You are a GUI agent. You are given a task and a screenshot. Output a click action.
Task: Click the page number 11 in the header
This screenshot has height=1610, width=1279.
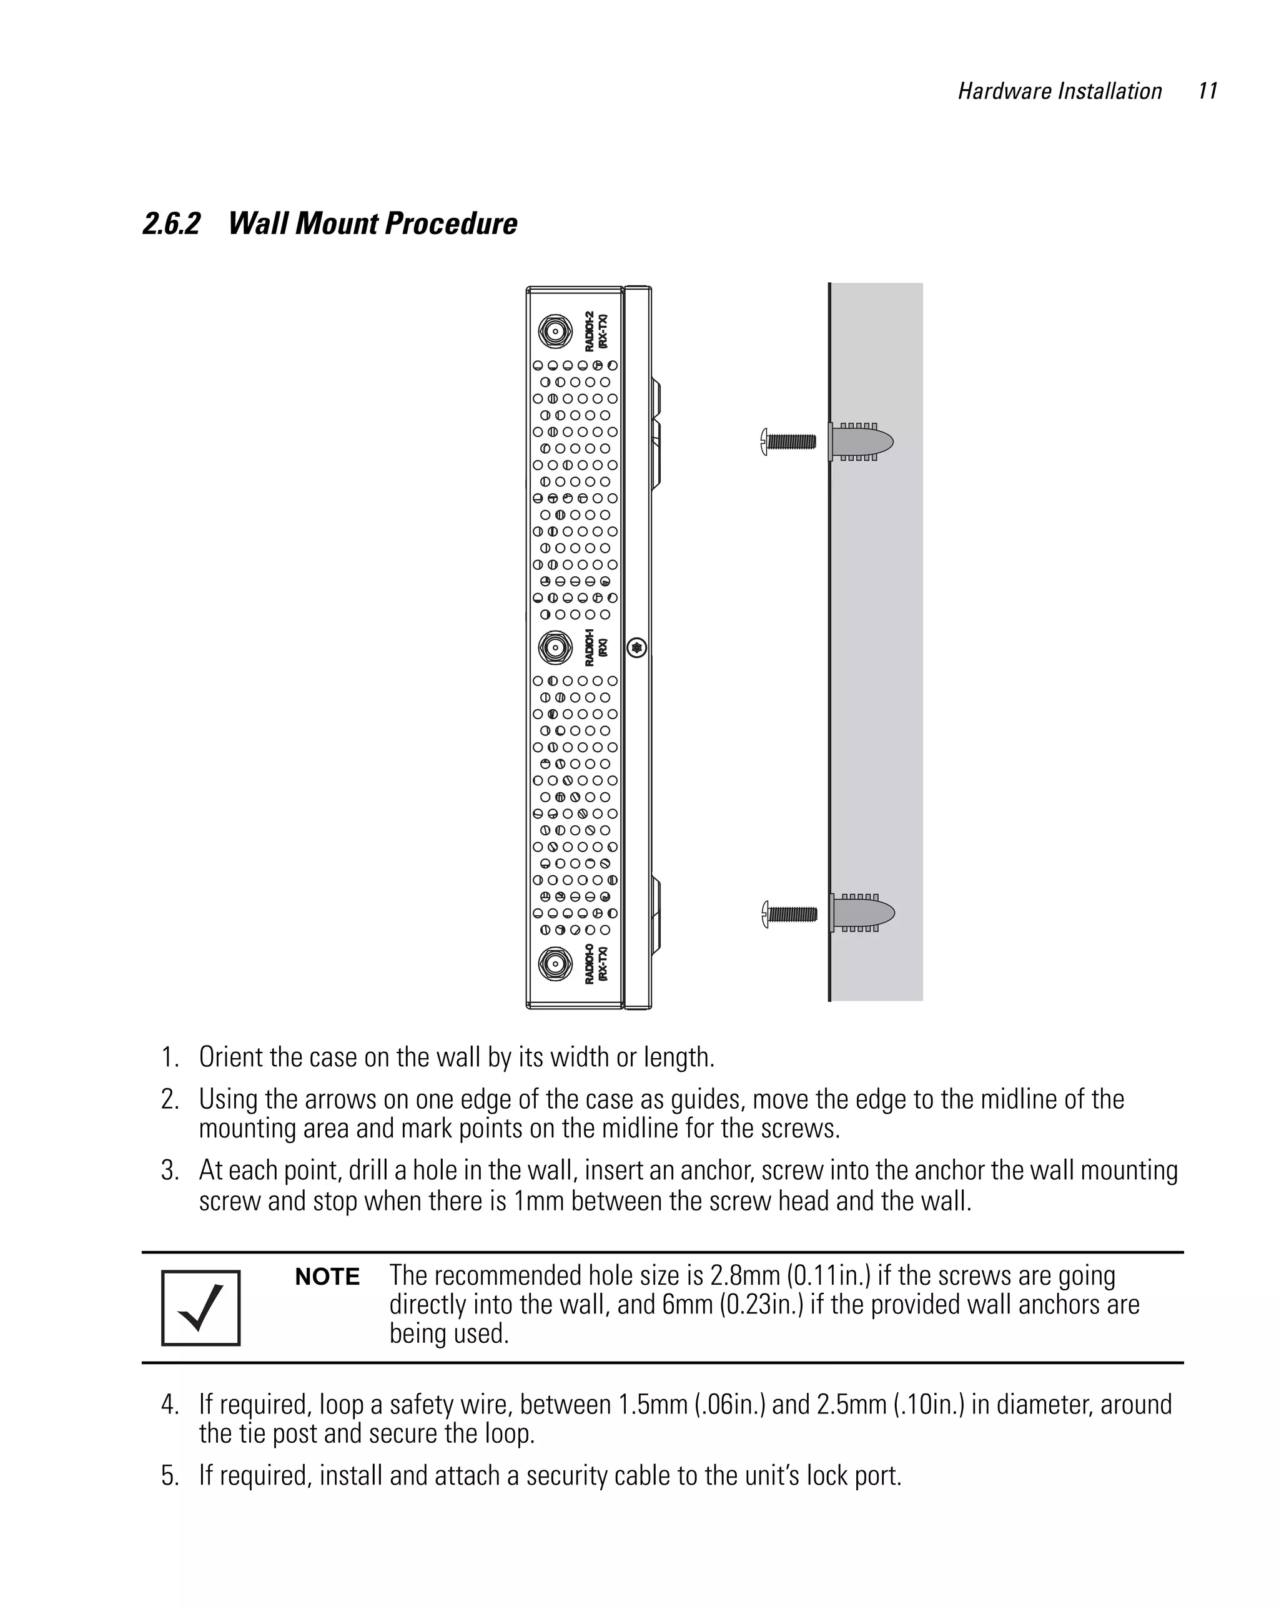tap(1207, 91)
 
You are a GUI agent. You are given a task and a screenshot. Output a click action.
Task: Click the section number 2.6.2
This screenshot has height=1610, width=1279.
tap(171, 224)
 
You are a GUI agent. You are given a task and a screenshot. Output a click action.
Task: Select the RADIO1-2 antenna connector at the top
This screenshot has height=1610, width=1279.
tap(555, 331)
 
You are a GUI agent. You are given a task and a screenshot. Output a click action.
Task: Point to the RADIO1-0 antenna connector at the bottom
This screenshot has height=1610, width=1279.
tap(555, 964)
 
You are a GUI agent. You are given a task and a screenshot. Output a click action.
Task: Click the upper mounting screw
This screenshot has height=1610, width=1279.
tap(788, 441)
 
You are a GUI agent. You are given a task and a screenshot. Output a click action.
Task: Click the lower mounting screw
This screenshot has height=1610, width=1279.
tap(789, 914)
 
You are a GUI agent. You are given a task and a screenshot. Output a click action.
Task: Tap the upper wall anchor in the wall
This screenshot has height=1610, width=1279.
tap(861, 441)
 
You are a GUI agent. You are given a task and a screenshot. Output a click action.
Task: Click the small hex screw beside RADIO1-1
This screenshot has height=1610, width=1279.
tap(636, 647)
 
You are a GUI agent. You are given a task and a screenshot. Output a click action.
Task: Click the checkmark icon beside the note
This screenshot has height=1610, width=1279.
tap(200, 1308)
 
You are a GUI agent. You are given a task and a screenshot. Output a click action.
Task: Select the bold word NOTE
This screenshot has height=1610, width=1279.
tap(327, 1277)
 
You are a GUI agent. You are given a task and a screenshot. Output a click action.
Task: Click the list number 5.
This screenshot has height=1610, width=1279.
tap(170, 1476)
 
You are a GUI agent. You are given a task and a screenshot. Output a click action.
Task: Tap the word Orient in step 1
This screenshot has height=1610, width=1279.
tap(231, 1058)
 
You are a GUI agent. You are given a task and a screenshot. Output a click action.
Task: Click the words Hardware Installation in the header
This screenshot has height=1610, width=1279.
tap(1059, 91)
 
